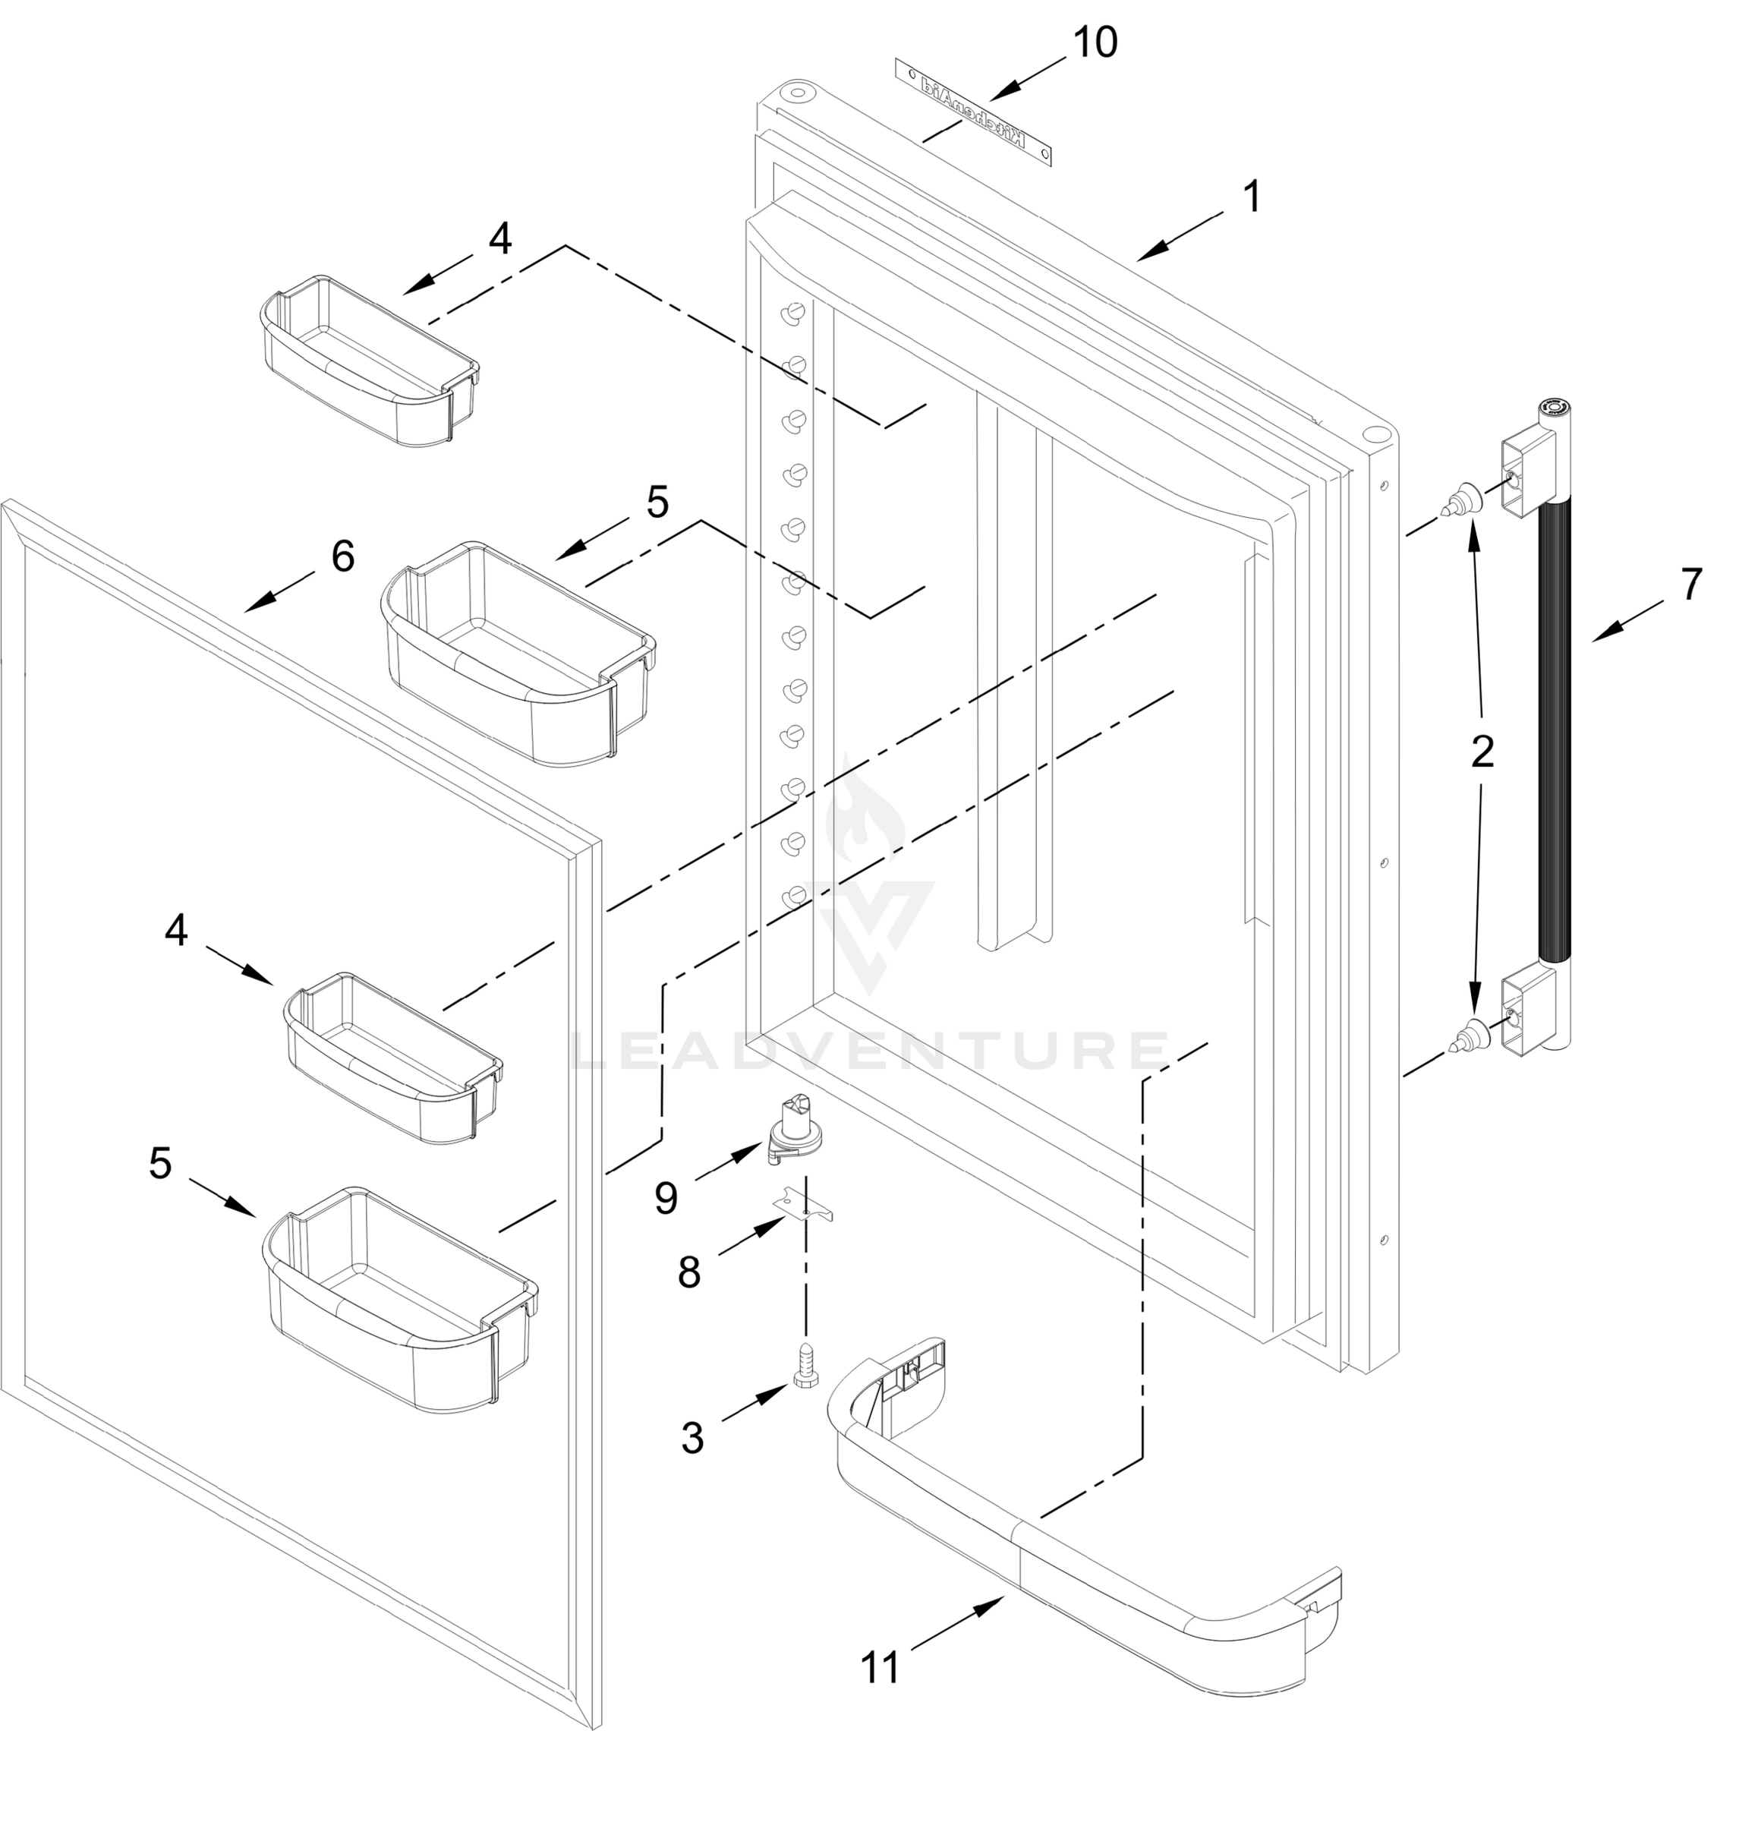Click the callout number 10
(1095, 43)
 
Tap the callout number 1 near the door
(1252, 197)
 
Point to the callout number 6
(342, 556)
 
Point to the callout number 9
(666, 1198)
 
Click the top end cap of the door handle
(1554, 410)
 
